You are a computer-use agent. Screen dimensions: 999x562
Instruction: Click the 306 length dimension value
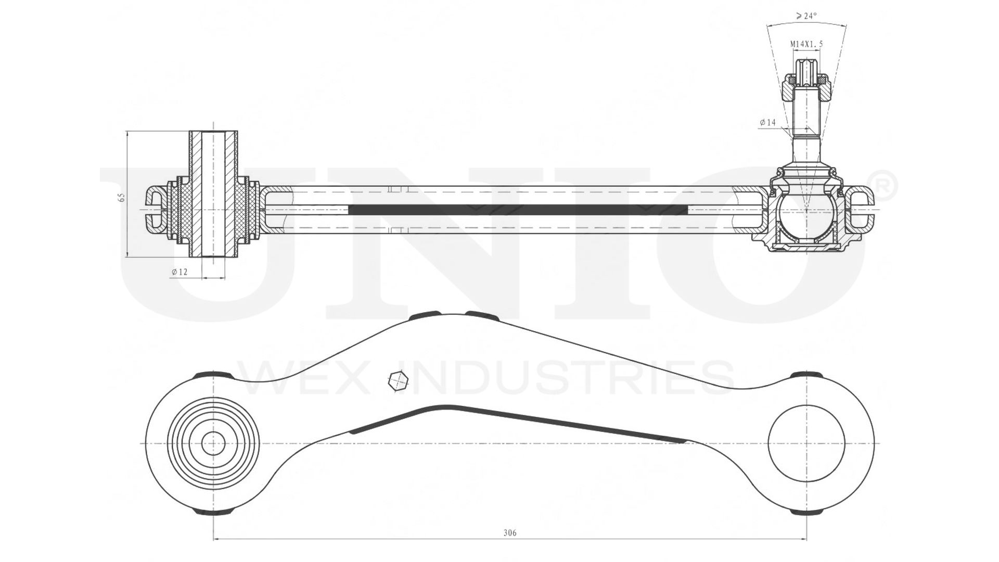pyautogui.click(x=510, y=533)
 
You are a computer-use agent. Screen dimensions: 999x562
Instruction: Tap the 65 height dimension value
pyautogui.click(x=122, y=197)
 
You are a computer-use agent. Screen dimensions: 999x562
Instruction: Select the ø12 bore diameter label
pyautogui.click(x=180, y=272)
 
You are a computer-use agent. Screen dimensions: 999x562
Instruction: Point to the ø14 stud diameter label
pyautogui.click(x=767, y=122)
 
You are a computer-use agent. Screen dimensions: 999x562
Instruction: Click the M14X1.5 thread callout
pyautogui.click(x=806, y=44)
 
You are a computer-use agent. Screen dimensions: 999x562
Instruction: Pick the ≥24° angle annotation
pyautogui.click(x=806, y=16)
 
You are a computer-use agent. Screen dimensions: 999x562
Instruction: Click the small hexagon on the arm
pyautogui.click(x=398, y=381)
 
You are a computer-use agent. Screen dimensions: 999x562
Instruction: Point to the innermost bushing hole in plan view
pyautogui.click(x=213, y=444)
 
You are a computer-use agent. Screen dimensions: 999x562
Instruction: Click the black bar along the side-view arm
pyautogui.click(x=518, y=210)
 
